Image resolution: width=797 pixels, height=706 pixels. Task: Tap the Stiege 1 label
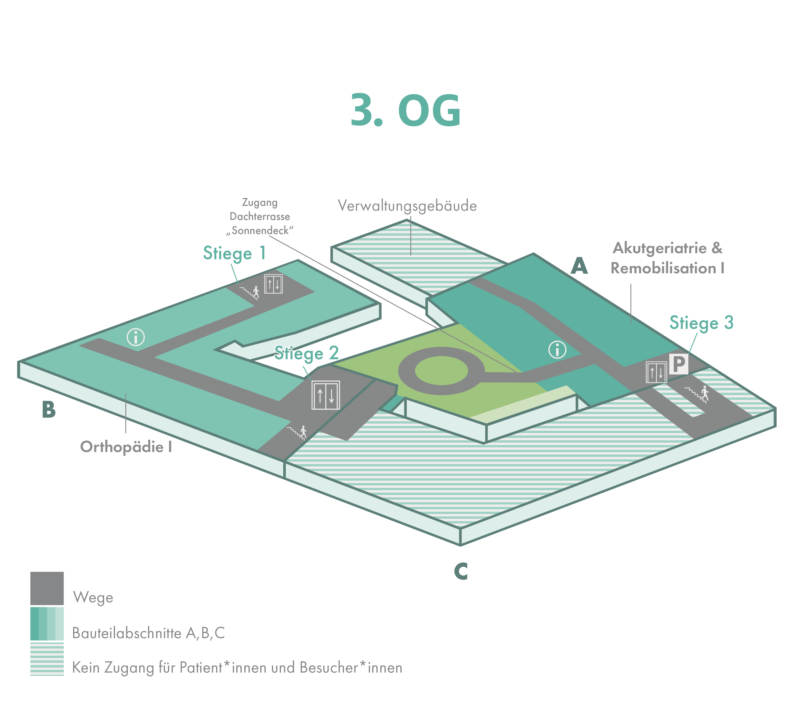tap(234, 253)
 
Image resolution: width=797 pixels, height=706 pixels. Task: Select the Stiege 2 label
tap(307, 353)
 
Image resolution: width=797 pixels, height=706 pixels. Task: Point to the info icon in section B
tap(136, 337)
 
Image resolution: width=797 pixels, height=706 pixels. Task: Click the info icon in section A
tap(557, 350)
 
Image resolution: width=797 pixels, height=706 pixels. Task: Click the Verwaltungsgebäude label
tap(407, 206)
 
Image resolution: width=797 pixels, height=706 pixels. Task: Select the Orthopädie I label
tap(126, 447)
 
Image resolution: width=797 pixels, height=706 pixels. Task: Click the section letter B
tap(49, 410)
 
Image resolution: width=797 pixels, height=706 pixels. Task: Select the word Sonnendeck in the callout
tap(260, 231)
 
